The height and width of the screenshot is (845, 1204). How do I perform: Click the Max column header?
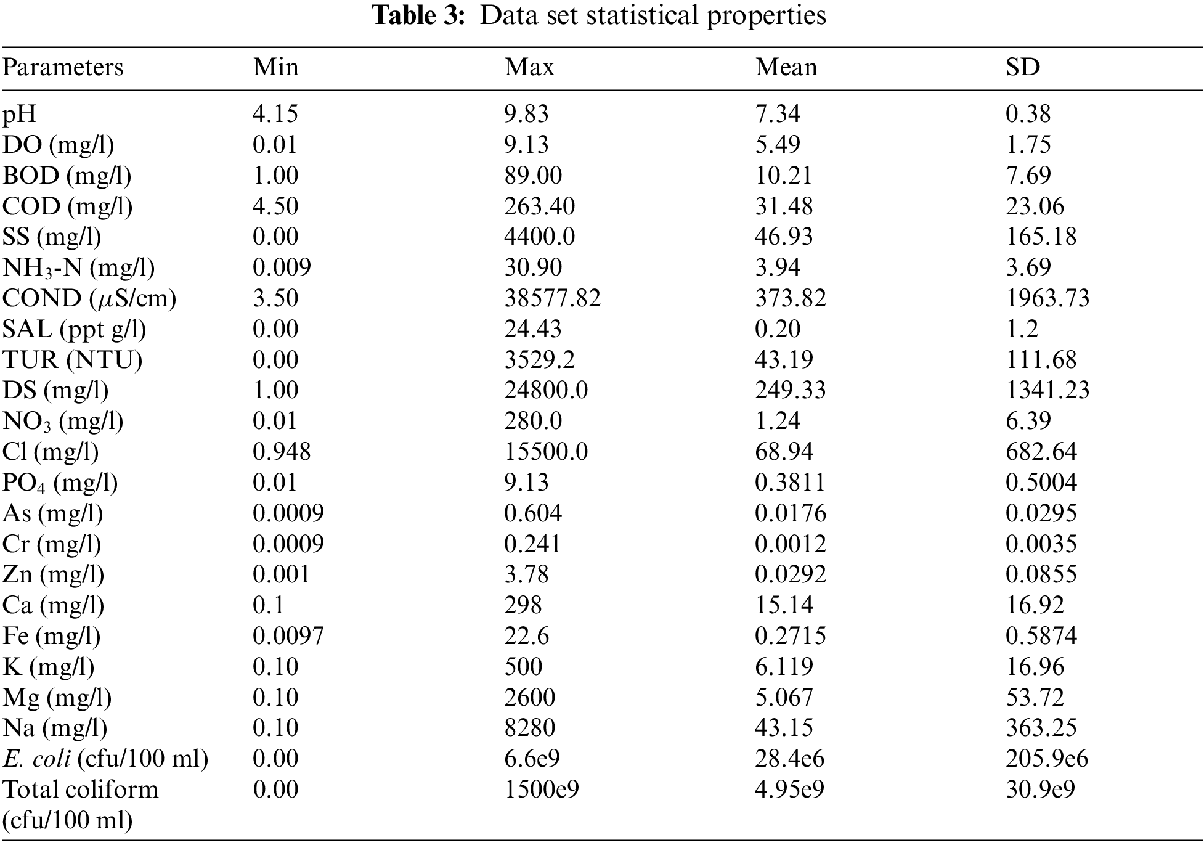(529, 67)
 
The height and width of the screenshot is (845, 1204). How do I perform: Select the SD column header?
(1023, 67)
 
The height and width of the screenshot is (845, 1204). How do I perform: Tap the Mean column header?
(786, 67)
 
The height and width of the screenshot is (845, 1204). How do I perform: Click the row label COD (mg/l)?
(67, 206)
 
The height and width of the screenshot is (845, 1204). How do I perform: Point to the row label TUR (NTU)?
(72, 359)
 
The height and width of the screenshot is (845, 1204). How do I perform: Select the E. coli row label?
(105, 759)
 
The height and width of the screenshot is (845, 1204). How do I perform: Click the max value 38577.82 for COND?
(552, 298)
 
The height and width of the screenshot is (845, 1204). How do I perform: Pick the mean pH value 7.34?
(778, 113)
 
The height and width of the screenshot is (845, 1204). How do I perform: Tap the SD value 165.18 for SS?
(1041, 237)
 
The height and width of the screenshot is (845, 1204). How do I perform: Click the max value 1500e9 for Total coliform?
(542, 790)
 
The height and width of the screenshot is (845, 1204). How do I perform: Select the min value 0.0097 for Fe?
(288, 635)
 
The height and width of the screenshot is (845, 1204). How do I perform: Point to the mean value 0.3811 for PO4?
(790, 482)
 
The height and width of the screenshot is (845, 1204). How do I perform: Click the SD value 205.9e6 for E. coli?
(1047, 759)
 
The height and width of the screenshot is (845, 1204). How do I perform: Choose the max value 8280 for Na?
(529, 728)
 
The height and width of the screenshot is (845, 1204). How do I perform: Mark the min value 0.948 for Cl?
(282, 452)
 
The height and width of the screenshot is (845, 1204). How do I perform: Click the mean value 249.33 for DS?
(790, 390)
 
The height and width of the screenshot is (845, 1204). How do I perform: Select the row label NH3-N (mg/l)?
(78, 267)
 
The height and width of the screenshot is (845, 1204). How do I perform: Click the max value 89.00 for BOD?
(533, 176)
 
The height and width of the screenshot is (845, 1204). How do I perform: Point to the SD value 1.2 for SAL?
(1022, 329)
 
